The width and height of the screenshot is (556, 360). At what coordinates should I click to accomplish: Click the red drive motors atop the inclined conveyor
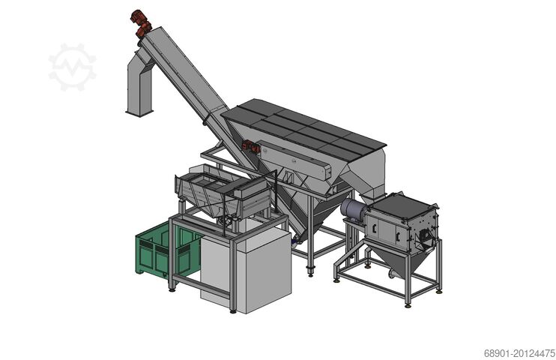[140, 22]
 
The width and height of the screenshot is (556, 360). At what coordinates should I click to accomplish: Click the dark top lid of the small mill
[405, 202]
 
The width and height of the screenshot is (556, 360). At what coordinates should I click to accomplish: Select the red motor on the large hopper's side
[252, 148]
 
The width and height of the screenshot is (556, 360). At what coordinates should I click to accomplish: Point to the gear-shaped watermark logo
[73, 67]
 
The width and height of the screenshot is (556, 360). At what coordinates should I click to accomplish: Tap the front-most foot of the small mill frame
[408, 303]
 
